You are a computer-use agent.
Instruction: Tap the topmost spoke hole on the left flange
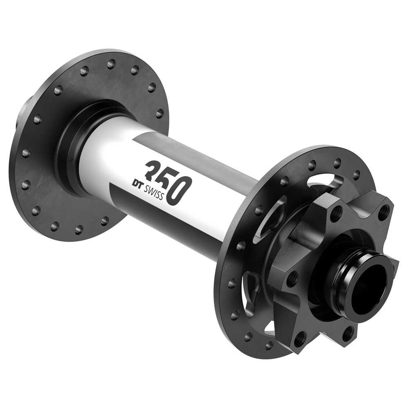111,64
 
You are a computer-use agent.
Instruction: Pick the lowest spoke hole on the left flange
79,230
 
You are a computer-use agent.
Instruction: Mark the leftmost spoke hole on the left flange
26,153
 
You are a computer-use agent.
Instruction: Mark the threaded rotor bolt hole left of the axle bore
292,279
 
